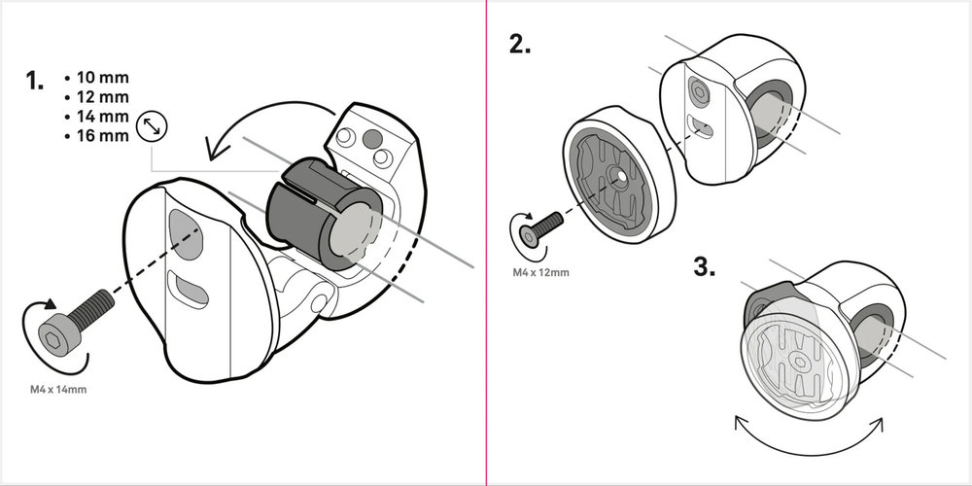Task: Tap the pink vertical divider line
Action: point(485,243)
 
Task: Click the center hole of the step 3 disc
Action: point(797,361)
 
